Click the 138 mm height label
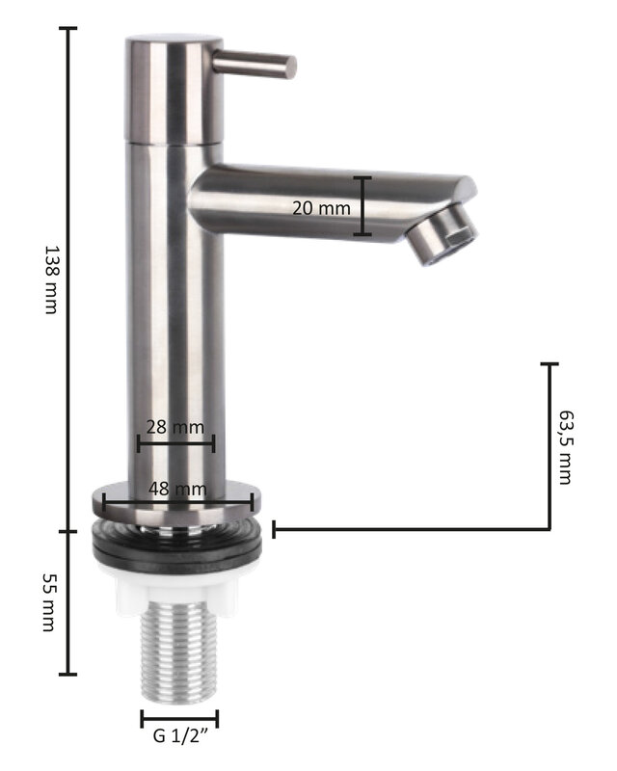click(51, 279)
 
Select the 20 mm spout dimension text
click(321, 208)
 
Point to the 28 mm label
click(175, 427)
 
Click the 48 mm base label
click(177, 489)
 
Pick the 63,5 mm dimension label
click(566, 447)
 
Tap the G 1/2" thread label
click(180, 736)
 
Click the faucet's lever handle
click(255, 65)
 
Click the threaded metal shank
click(178, 651)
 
